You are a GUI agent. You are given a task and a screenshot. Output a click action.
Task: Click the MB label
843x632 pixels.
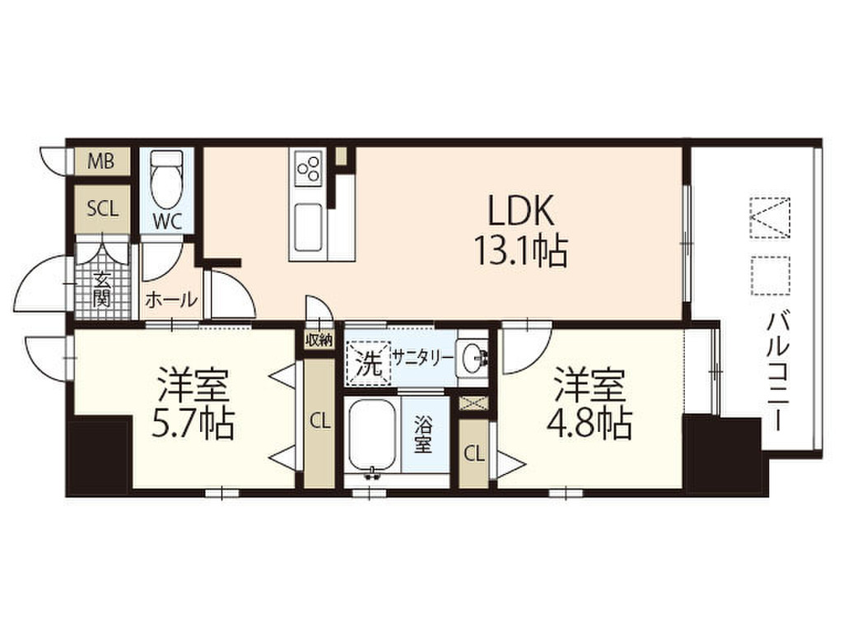point(101,160)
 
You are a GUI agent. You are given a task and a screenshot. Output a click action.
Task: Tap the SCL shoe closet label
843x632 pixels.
point(102,208)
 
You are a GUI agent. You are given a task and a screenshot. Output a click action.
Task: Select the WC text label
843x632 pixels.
point(167,221)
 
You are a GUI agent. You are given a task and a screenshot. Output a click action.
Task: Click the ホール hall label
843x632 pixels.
point(171,299)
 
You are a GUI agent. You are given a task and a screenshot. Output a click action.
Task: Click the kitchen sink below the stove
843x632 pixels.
point(309,227)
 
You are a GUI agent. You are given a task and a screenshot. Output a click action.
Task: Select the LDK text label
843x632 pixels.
point(520,211)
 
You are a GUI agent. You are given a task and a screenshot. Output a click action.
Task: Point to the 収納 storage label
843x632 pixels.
point(319,340)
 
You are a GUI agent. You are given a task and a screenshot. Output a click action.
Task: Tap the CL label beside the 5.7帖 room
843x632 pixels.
point(320,422)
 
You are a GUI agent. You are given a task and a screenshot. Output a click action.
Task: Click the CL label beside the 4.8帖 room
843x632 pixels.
point(474,454)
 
